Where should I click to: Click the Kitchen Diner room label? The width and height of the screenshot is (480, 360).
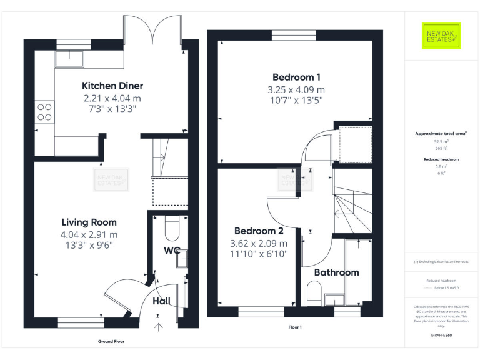112,86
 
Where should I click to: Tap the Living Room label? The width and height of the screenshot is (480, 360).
89,222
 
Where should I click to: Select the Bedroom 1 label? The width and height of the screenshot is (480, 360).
296,77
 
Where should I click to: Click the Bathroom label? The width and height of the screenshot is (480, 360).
336,272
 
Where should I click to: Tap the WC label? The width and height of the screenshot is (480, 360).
172,251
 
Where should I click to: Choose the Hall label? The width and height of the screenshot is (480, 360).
162,301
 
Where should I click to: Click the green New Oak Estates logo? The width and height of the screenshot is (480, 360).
440,36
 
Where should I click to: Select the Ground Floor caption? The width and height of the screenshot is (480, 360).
111,342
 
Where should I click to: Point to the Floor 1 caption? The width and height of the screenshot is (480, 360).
295,327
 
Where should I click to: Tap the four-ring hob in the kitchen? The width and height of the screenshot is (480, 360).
45,111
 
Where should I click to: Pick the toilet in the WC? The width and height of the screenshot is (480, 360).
171,229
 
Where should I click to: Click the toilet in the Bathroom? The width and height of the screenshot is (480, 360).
314,292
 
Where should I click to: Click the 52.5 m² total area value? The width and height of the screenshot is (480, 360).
440,142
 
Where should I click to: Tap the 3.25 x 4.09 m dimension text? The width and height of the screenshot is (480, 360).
296,89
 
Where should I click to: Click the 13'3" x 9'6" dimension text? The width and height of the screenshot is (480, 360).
89,245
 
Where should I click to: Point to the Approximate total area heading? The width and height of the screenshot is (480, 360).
440,133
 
